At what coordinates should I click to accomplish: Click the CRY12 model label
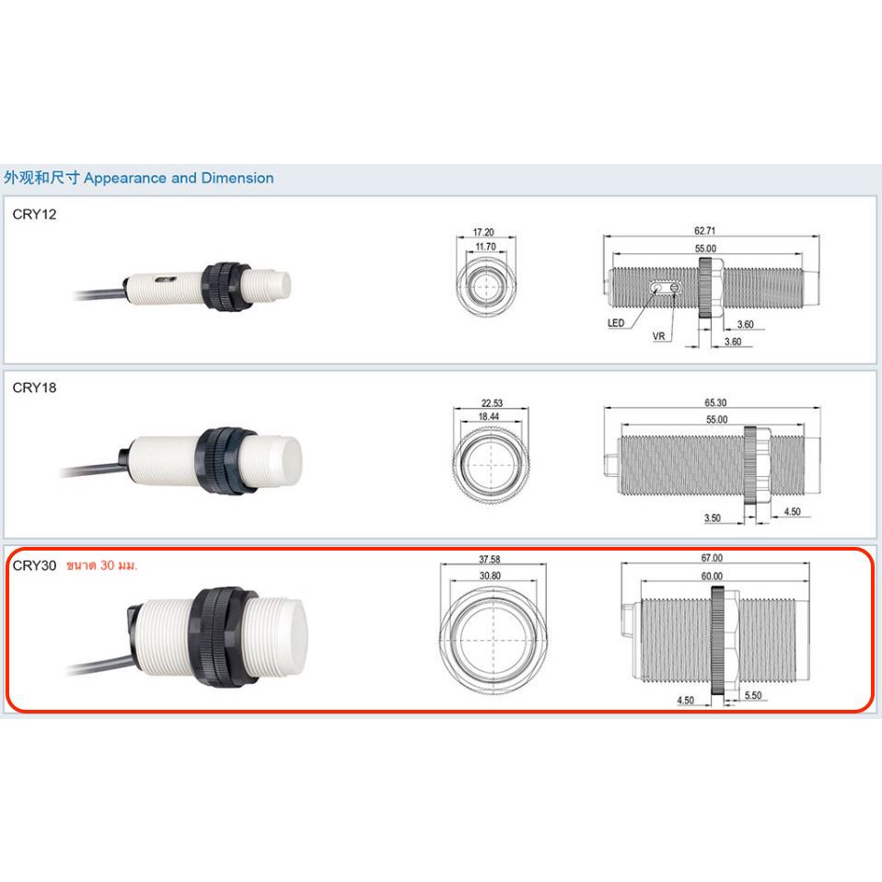[34, 215]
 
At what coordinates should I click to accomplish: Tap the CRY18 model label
[34, 388]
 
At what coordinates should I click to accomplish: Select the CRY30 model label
[34, 565]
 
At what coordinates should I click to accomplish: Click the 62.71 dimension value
[705, 230]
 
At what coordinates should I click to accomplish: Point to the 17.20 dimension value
[483, 232]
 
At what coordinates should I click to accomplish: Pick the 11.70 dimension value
[485, 247]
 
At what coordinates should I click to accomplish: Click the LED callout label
[616, 323]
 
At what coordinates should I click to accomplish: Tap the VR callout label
[658, 336]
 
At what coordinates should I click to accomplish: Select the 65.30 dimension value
[715, 402]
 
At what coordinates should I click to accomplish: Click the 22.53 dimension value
[492, 402]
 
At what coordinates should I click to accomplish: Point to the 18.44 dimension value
[488, 416]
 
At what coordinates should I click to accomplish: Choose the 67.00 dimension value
[712, 558]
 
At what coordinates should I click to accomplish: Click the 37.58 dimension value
[490, 559]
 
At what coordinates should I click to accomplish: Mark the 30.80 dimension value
[490, 575]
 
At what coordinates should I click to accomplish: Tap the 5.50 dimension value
[753, 695]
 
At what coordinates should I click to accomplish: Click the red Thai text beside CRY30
[102, 565]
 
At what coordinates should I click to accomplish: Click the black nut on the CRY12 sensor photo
[226, 286]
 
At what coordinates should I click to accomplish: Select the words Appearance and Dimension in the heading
[179, 178]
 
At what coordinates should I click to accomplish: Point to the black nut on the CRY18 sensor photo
[224, 460]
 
